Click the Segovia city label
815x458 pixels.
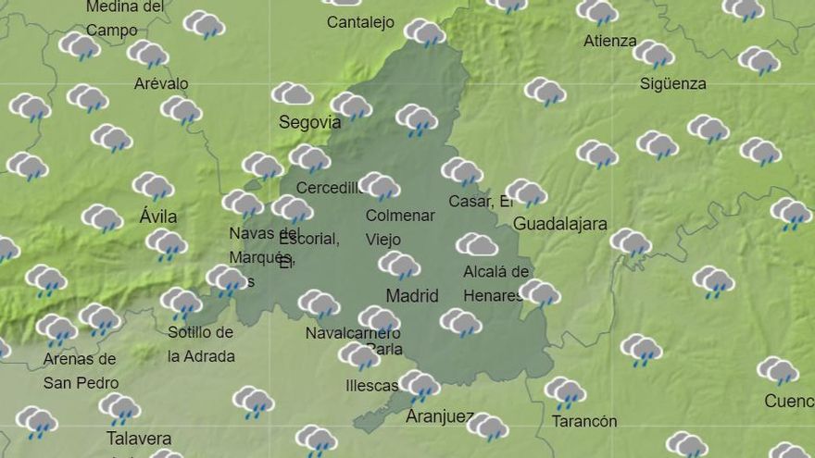point(309,122)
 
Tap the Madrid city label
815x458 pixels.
point(411,296)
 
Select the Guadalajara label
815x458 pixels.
point(559,224)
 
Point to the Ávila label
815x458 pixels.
point(157,217)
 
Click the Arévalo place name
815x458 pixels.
point(161,84)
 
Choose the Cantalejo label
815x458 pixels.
point(360,22)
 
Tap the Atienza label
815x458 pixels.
point(610,42)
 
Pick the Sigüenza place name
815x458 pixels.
point(672,84)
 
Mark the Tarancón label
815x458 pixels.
point(583,422)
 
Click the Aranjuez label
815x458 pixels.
point(439,417)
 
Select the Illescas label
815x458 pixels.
point(370,386)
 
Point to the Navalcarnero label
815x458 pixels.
point(352,333)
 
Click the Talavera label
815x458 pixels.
point(139,439)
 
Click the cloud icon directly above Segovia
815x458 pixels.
point(292,93)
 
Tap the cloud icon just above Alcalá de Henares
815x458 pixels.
point(477,244)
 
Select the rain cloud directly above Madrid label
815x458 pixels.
point(399,266)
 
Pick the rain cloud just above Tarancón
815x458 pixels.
point(565,391)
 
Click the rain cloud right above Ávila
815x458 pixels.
point(153,187)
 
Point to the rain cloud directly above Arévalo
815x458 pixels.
point(147,54)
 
